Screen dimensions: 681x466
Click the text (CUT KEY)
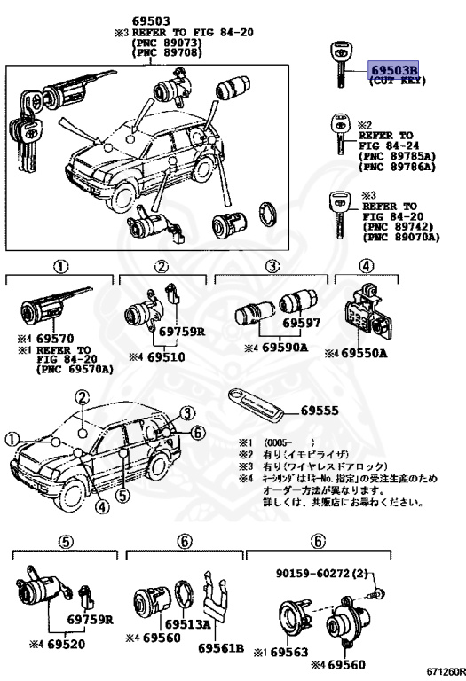pyautogui.click(x=397, y=82)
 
